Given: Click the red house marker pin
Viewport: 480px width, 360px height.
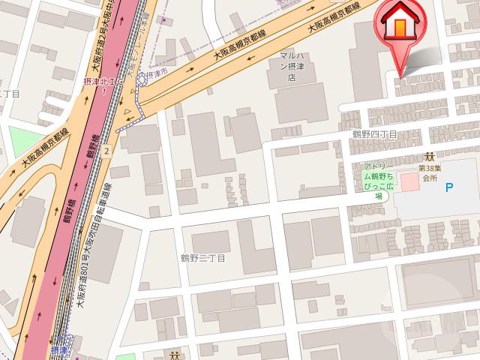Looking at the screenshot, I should click(x=400, y=27).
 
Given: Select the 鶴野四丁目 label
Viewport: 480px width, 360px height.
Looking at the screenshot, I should click(x=374, y=133).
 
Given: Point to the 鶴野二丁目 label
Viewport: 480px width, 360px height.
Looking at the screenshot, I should click(x=202, y=258).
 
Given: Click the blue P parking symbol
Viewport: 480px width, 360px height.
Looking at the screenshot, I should click(x=449, y=187).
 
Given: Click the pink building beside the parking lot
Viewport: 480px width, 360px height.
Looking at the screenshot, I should click(x=409, y=181).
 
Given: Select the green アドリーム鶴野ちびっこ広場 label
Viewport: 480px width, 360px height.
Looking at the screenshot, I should click(x=378, y=181).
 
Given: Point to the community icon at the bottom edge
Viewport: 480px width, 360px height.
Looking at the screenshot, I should click(x=174, y=355).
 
